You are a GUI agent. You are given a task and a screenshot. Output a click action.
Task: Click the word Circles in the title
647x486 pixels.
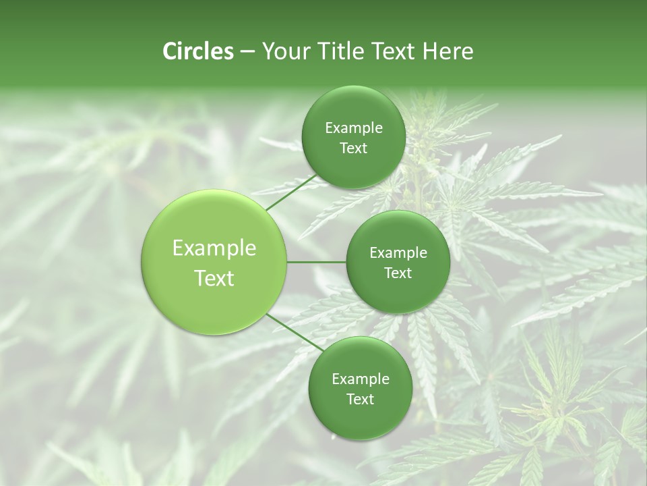pyautogui.click(x=197, y=51)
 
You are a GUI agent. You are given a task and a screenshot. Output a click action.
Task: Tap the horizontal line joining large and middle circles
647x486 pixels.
pyautogui.click(x=317, y=262)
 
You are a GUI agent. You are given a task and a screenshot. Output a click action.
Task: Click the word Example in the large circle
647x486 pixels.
pyautogui.click(x=214, y=248)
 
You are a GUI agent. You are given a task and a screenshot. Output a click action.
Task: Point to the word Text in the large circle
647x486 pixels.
pyautogui.click(x=214, y=278)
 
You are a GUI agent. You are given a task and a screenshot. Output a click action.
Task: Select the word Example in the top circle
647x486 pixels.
pyautogui.click(x=354, y=128)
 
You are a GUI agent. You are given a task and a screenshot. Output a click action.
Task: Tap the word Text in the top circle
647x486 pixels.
pyautogui.click(x=353, y=148)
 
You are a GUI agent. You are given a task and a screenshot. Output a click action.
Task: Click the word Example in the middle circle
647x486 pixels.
pyautogui.click(x=398, y=253)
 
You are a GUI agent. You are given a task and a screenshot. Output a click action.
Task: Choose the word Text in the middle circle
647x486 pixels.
pyautogui.click(x=398, y=273)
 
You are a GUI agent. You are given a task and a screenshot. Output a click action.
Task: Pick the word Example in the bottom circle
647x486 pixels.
pyautogui.click(x=361, y=379)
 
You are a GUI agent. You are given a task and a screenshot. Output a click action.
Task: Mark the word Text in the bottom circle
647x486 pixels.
pyautogui.click(x=360, y=400)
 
